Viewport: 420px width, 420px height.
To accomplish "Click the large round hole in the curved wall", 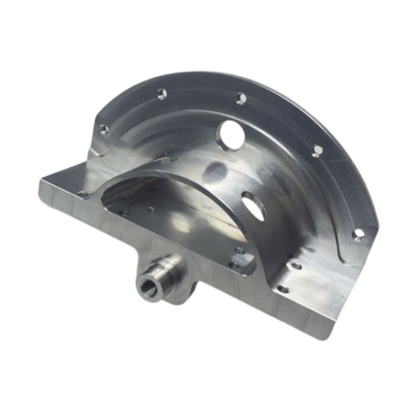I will (x=231, y=135).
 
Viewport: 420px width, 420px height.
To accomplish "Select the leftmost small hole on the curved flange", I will (x=104, y=129).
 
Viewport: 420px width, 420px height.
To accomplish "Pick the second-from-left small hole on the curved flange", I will (x=162, y=94).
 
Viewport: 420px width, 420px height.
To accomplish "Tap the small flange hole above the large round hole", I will (x=241, y=98).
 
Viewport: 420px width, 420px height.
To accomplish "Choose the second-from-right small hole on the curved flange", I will (x=317, y=150).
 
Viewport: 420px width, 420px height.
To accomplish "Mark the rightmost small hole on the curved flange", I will (x=358, y=234).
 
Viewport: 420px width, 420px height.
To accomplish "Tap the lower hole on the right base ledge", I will (x=282, y=289).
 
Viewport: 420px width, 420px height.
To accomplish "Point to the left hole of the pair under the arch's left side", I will (x=123, y=213).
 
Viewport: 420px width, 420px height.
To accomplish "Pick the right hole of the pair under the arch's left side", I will (x=150, y=210).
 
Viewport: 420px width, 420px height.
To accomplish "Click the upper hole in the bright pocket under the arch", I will (x=240, y=251).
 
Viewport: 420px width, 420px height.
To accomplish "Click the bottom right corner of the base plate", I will (x=322, y=337).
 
